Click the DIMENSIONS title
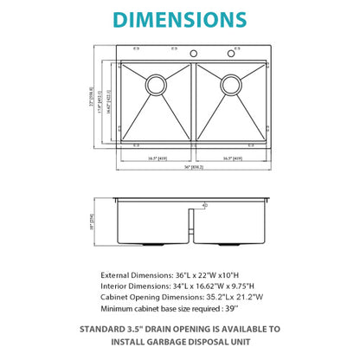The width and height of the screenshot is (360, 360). (x=179, y=18)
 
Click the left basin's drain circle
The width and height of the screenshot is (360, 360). (x=157, y=84)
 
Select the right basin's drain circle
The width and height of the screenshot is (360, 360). (x=231, y=84)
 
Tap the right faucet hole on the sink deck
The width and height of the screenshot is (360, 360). (x=231, y=54)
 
